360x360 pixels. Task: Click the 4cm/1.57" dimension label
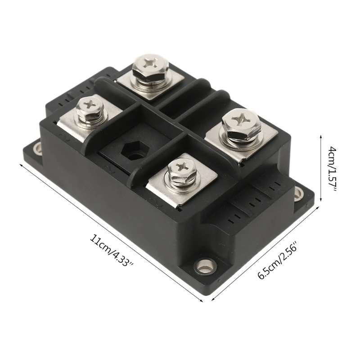[x=332, y=167]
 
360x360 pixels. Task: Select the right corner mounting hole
[x=299, y=194]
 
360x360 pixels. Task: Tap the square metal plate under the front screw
[x=189, y=189]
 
